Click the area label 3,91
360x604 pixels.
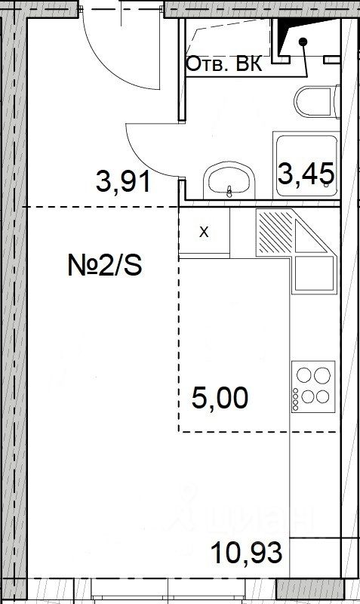pos(123,182)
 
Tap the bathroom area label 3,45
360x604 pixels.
pos(306,174)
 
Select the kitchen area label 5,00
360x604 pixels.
pos(220,398)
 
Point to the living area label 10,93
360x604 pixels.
pos(247,552)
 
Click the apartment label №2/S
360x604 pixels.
pos(105,266)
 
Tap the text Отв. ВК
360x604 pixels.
pos(224,64)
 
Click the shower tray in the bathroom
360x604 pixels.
pos(306,165)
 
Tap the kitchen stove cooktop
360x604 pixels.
pos(313,387)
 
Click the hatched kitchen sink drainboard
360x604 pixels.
pos(275,231)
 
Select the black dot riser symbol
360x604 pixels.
pos(303,41)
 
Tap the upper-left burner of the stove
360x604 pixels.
pos(304,374)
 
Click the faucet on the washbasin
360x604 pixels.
pos(229,192)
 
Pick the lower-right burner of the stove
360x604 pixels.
pos(323,396)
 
